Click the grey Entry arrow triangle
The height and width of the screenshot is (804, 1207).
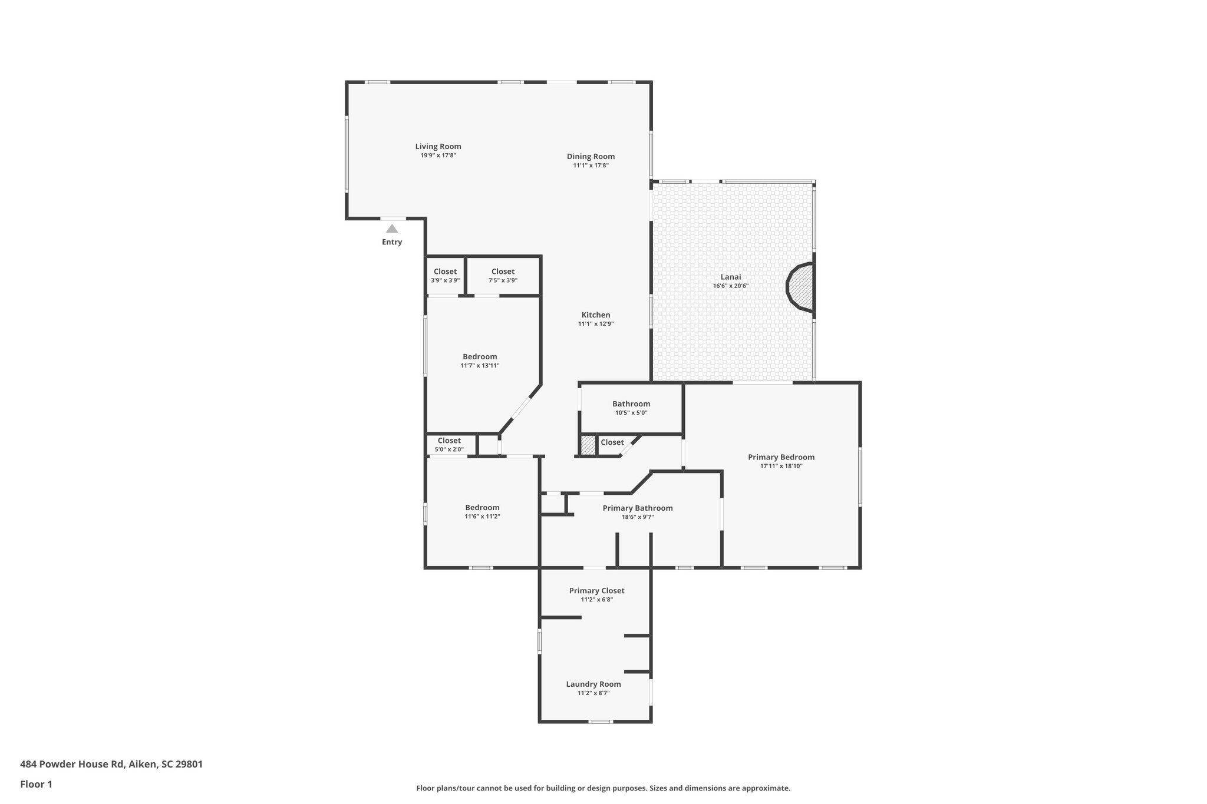[x=392, y=229]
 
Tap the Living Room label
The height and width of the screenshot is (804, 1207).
[x=438, y=147]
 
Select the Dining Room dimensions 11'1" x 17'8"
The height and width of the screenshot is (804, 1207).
[x=591, y=166]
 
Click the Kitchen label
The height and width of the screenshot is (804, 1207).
[x=596, y=315]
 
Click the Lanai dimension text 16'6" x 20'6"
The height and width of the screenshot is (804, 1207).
[x=730, y=286]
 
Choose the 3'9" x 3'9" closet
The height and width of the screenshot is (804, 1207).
[x=445, y=276]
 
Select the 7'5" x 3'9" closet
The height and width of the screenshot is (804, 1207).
[x=503, y=276]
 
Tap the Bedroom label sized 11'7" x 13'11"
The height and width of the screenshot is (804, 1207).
[x=480, y=357]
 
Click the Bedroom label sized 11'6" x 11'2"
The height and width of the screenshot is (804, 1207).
[x=482, y=508]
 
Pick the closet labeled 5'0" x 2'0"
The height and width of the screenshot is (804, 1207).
[x=449, y=445]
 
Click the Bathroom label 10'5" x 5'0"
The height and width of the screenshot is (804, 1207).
[x=631, y=404]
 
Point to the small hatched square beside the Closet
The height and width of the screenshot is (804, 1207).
[x=588, y=445]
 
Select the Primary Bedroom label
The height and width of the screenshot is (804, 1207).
[x=781, y=457]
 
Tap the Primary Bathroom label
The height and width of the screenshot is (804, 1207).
[x=637, y=508]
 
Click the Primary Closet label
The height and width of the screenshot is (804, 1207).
[x=596, y=591]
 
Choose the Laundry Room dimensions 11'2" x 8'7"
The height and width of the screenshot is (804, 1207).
[x=593, y=693]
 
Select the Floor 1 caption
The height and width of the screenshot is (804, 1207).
[x=36, y=784]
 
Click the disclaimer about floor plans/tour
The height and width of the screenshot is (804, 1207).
[x=603, y=788]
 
